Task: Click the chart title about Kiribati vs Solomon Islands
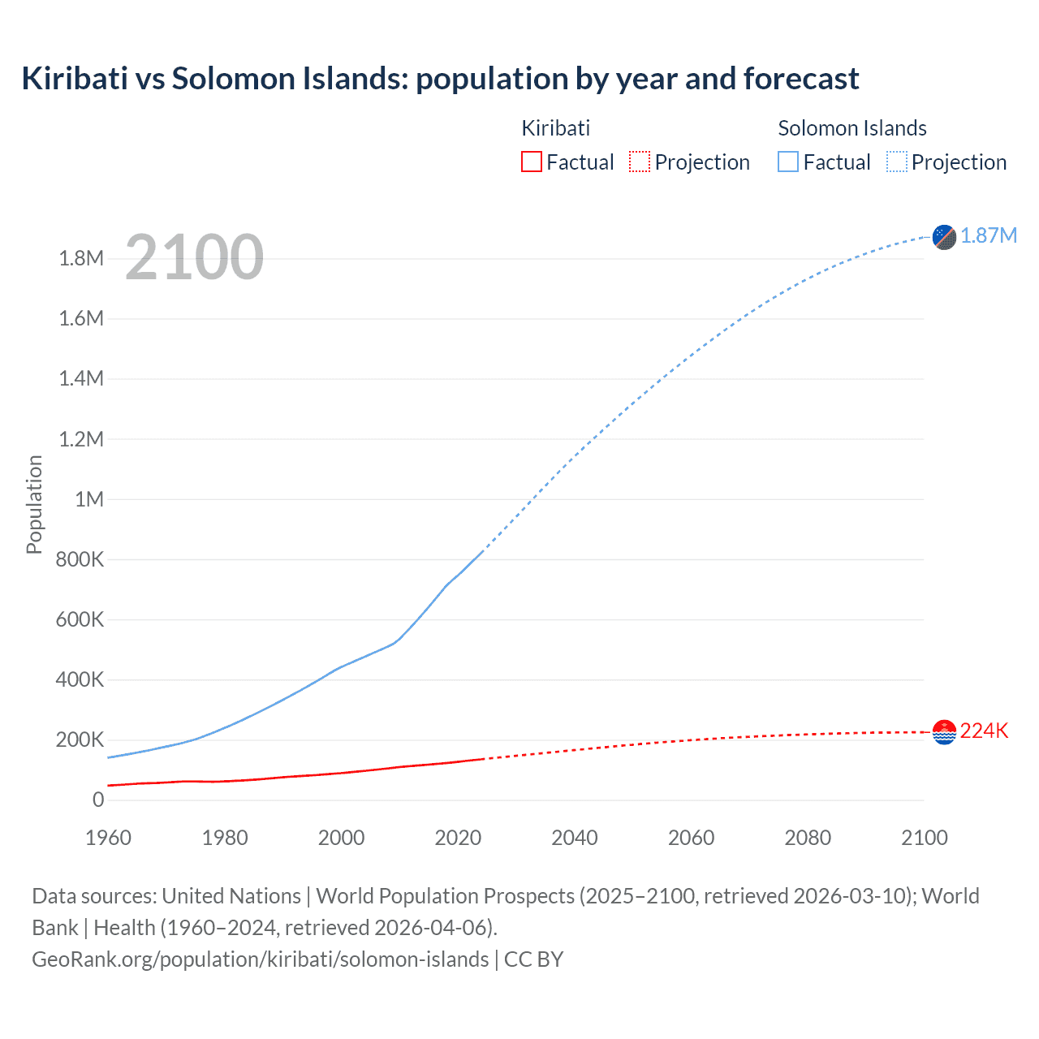coord(440,79)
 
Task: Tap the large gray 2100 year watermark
coord(194,257)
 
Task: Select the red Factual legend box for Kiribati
coord(531,162)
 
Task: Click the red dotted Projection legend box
coord(640,162)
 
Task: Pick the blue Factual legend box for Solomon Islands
coord(787,162)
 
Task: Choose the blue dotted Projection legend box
coord(896,162)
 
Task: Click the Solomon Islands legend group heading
coord(851,128)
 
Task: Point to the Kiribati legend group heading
coord(555,128)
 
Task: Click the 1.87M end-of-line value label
coord(988,235)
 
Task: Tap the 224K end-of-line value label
coord(984,731)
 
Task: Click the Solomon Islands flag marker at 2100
coord(944,237)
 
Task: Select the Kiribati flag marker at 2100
coord(944,732)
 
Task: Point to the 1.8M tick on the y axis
coord(81,259)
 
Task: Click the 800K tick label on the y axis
coord(80,559)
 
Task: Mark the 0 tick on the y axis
coord(98,800)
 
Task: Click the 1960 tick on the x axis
coord(108,838)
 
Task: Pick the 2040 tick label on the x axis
coord(575,838)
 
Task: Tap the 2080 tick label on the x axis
coord(808,838)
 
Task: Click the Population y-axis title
coord(34,504)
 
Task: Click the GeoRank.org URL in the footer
coord(260,959)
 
